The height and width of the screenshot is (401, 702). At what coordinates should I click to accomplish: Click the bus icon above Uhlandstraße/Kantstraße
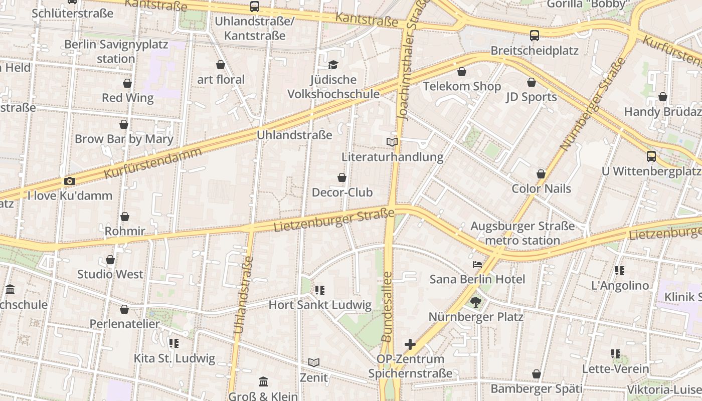255,7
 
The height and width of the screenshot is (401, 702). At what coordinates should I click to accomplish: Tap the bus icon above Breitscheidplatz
535,36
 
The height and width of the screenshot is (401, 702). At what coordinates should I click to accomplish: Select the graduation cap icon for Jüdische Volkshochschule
333,65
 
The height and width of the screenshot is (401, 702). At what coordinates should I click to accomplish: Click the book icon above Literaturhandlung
392,142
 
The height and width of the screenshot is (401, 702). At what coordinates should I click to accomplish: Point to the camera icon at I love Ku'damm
70,181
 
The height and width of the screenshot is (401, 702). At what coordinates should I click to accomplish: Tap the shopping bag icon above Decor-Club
342,177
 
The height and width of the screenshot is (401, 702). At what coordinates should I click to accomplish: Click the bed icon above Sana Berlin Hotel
477,264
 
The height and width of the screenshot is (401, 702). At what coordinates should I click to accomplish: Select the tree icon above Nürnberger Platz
475,302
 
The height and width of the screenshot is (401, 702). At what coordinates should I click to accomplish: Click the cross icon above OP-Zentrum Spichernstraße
410,344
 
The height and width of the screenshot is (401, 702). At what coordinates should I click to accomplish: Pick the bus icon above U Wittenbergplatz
651,156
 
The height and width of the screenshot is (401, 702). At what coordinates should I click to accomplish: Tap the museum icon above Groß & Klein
263,382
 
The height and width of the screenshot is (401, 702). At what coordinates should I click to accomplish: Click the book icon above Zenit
314,362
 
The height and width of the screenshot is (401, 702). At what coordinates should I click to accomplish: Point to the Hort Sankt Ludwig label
320,305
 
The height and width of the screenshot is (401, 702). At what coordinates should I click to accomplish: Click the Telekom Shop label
462,86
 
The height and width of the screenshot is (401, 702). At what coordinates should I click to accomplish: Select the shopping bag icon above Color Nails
541,174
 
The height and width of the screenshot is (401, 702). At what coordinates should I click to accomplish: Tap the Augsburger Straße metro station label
522,234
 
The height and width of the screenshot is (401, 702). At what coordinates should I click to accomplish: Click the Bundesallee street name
387,307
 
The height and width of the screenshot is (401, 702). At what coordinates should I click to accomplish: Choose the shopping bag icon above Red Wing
127,83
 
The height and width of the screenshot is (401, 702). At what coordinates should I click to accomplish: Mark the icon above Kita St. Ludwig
174,343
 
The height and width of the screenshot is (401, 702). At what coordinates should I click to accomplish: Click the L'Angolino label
620,286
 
